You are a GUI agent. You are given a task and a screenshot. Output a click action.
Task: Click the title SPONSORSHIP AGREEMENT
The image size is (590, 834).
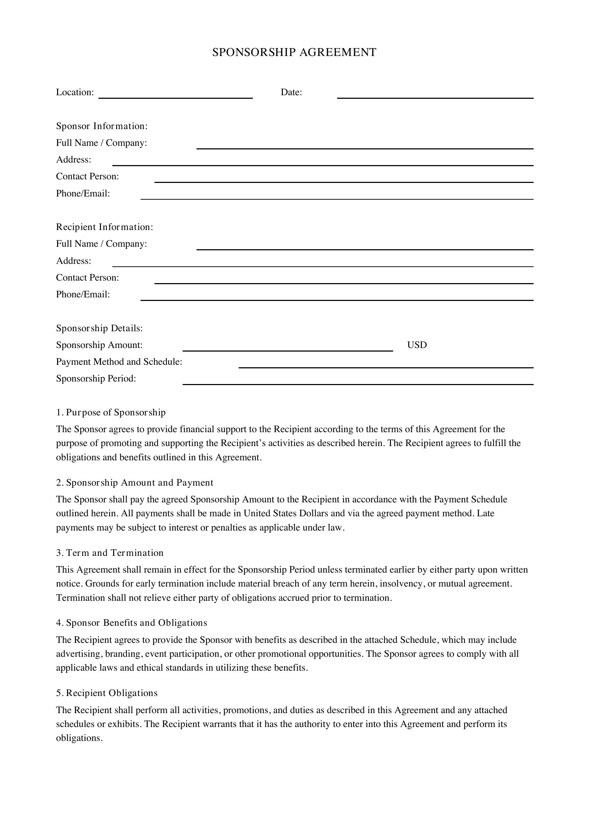pos(294,52)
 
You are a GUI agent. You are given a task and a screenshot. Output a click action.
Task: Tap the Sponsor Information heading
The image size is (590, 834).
pos(102,126)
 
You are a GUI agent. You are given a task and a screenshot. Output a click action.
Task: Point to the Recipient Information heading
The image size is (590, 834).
pos(105,227)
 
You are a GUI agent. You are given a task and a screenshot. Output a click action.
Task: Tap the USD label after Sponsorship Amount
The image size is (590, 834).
pos(417,345)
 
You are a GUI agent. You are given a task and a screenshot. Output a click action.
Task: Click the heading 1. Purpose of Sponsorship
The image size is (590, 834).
pos(111,412)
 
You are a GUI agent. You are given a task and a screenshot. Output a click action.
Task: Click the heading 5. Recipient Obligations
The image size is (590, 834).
pos(107,693)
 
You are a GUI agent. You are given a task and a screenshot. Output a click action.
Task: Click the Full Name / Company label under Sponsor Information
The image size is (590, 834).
pos(101,143)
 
